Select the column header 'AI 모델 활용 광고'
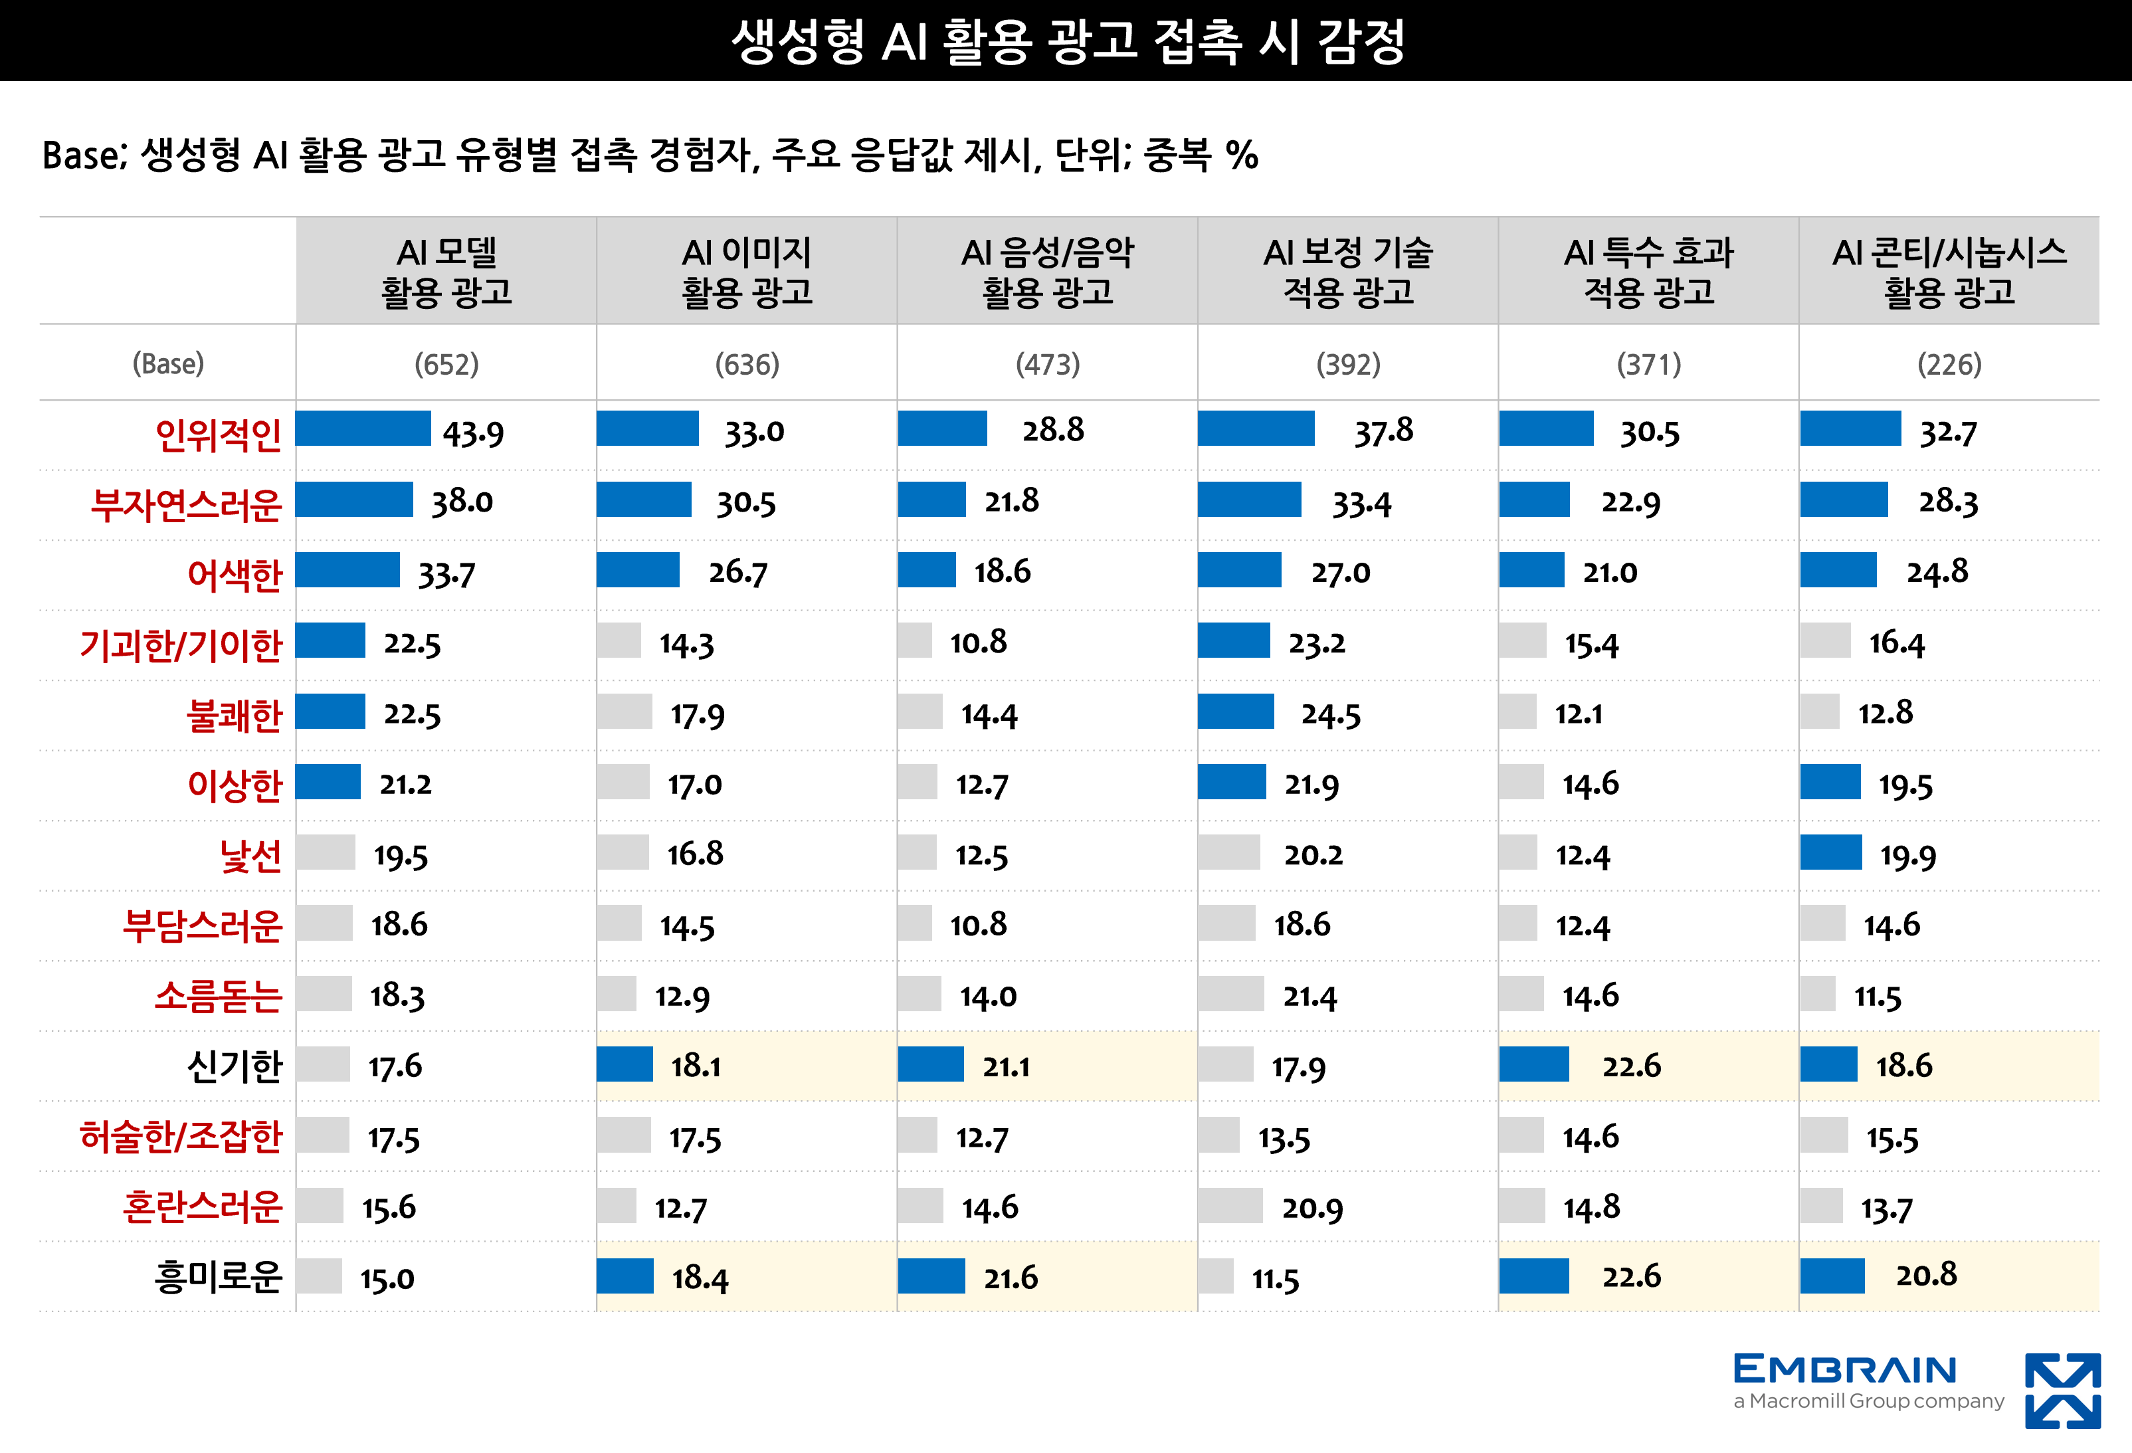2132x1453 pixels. click(446, 272)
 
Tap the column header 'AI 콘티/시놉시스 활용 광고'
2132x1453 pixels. click(1949, 272)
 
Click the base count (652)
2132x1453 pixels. click(446, 364)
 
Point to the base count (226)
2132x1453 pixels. click(1949, 364)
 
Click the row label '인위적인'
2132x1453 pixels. click(219, 434)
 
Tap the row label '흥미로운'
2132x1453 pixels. click(219, 1276)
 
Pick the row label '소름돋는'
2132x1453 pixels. click(219, 995)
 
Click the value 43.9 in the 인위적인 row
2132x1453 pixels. click(473, 432)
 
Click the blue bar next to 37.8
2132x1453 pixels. click(1255, 429)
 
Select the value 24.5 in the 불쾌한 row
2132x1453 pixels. click(1330, 714)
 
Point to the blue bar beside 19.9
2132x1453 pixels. click(1830, 852)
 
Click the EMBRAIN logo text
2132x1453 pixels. click(1844, 1369)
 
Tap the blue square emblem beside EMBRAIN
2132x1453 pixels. click(2062, 1391)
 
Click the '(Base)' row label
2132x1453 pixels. click(168, 364)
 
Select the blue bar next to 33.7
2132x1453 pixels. click(347, 569)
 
